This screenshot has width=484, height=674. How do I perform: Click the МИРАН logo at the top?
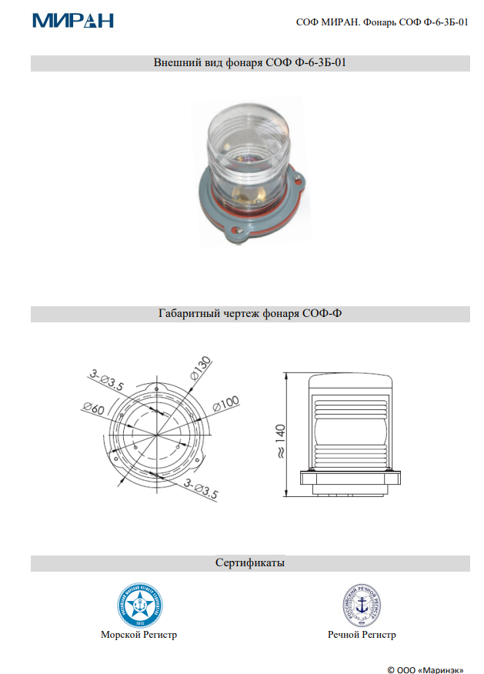click(73, 21)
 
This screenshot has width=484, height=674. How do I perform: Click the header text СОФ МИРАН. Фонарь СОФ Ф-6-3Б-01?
click(382, 23)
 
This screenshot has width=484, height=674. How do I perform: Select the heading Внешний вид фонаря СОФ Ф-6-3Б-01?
click(250, 63)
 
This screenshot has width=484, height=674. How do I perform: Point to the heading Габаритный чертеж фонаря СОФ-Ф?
click(250, 314)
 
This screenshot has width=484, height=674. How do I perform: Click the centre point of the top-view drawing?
click(157, 435)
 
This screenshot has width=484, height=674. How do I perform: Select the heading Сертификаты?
click(250, 563)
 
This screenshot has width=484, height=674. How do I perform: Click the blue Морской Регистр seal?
click(139, 606)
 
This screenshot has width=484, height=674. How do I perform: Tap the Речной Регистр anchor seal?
click(362, 606)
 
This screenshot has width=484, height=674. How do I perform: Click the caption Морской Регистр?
click(139, 635)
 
